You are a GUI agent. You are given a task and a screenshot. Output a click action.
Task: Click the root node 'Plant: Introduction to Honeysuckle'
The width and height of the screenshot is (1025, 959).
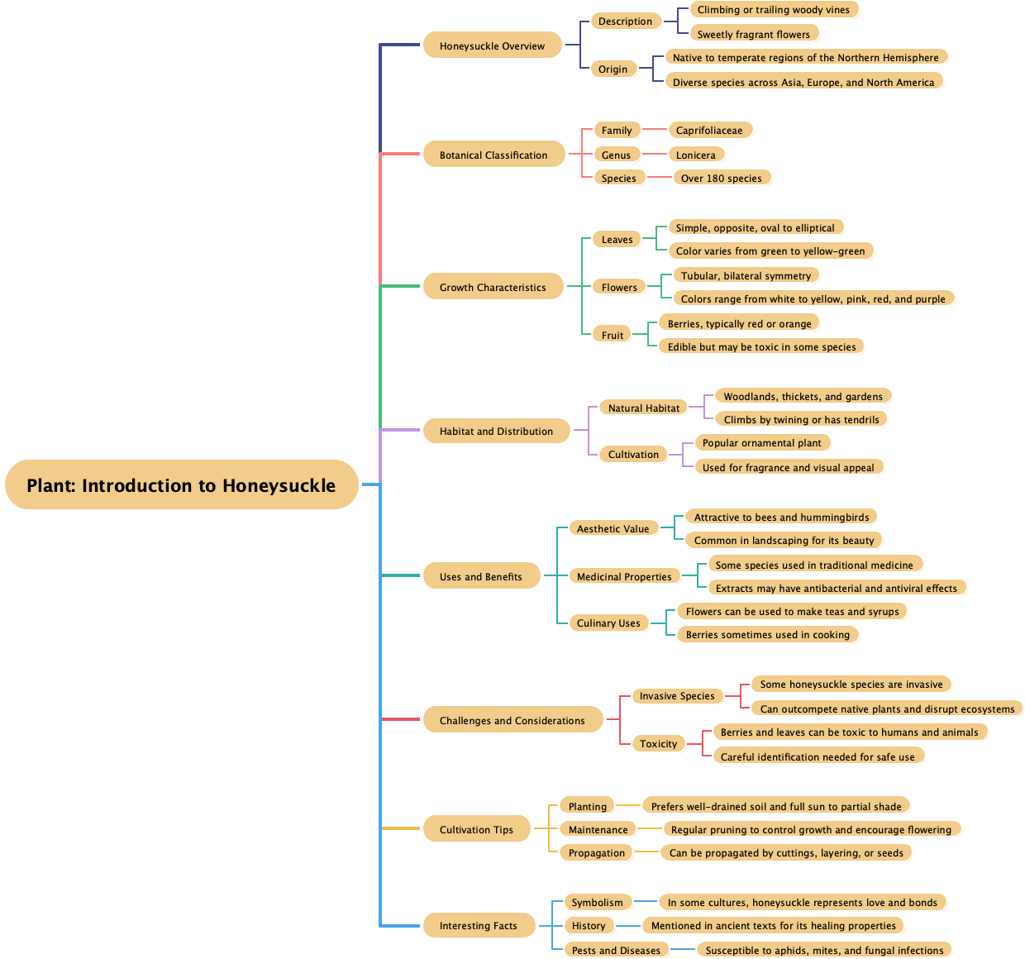coord(181,485)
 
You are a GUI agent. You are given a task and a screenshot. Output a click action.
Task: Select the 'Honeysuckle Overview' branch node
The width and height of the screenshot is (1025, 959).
coord(492,45)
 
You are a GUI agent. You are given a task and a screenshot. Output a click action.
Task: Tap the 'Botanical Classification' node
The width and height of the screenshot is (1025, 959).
coord(493,155)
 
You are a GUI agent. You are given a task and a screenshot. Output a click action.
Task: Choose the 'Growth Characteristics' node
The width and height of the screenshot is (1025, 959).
coord(493,287)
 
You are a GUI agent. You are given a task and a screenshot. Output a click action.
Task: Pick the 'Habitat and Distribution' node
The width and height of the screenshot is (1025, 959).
coord(496,431)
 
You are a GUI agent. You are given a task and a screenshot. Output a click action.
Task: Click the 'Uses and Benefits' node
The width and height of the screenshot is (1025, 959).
coord(481,576)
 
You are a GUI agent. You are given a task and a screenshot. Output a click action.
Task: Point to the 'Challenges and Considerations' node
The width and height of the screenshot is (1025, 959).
coord(512,720)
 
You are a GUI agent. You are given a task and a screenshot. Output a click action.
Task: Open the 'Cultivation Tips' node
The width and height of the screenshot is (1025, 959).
coord(476,829)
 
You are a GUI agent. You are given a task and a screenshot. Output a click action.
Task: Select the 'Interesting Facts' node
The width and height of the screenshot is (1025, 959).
coord(478,925)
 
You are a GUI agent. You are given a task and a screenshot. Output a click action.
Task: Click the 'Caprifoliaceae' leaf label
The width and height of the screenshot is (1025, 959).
coord(709,130)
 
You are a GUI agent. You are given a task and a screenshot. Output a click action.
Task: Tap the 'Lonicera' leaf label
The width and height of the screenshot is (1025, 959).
coord(696,155)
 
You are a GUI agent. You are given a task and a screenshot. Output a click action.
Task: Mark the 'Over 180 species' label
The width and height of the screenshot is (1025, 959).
coord(722,178)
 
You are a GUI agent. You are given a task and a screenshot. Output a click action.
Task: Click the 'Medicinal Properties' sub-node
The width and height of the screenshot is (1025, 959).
coord(624,576)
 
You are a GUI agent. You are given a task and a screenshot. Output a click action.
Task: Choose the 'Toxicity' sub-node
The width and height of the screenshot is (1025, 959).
coord(658,743)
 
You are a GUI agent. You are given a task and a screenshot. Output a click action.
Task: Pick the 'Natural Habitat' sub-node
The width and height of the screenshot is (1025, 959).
coord(644,408)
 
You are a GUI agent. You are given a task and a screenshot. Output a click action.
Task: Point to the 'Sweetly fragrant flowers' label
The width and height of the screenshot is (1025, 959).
coord(754,34)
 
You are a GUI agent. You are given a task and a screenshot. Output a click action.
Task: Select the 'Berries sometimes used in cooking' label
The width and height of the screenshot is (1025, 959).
coord(768,634)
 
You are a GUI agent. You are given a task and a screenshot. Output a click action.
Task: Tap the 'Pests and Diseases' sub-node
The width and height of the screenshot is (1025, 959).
coord(616,950)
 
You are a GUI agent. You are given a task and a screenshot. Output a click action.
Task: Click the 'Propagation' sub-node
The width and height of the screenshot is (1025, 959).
coord(597,852)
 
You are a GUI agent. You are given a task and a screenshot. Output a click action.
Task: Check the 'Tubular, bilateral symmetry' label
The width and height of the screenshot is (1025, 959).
coord(746,275)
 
